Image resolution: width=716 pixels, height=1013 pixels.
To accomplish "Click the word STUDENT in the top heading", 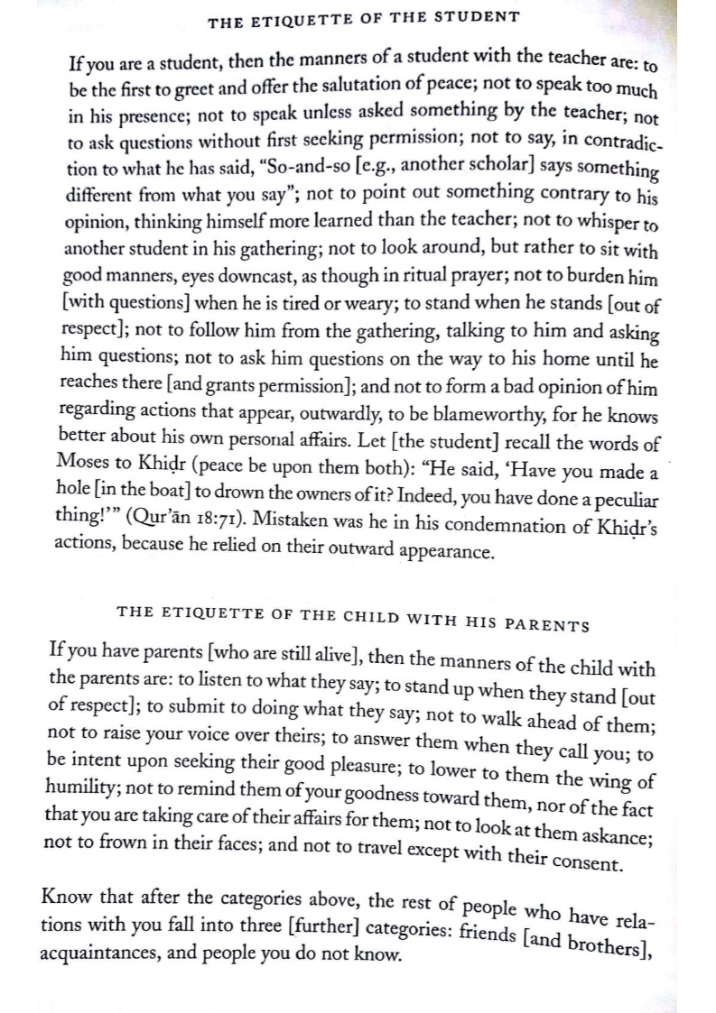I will coord(478,16).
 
